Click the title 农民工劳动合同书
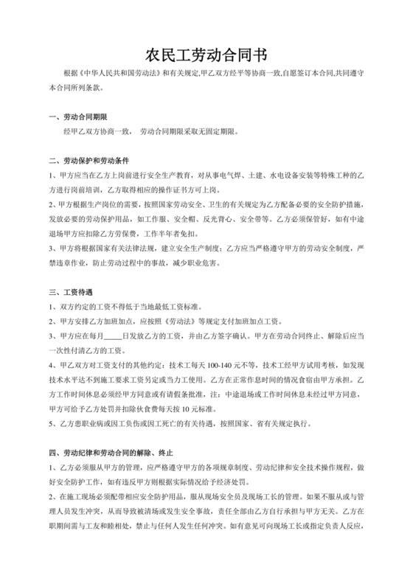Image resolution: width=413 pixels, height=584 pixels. click(206, 55)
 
